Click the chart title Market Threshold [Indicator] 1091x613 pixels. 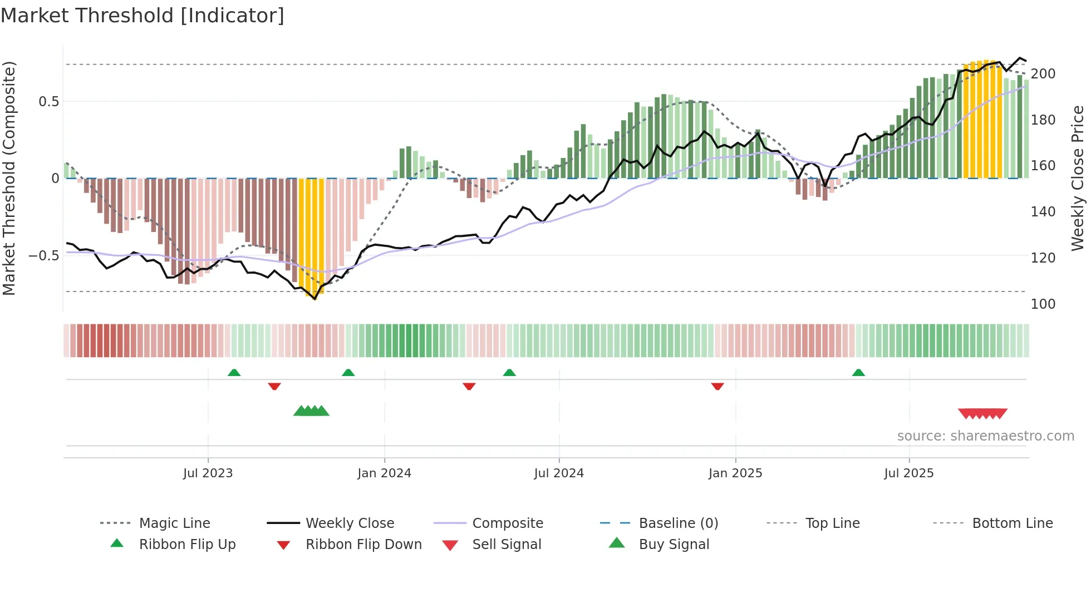pos(142,16)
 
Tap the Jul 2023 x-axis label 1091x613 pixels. pos(208,473)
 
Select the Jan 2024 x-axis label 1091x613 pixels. pos(384,473)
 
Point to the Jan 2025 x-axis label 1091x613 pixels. pos(735,473)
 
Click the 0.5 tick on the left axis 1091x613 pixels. pos(48,102)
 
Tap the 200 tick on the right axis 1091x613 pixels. pos(1043,74)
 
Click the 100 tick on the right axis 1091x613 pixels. pos(1043,304)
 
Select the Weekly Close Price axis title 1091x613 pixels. pos(1078,178)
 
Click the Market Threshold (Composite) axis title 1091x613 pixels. pos(9,178)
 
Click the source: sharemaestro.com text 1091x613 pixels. pos(985,436)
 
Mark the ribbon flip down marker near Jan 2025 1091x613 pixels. pos(717,386)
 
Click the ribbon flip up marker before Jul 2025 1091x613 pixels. pos(858,373)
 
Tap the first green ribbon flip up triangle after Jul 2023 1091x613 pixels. pos(234,373)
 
